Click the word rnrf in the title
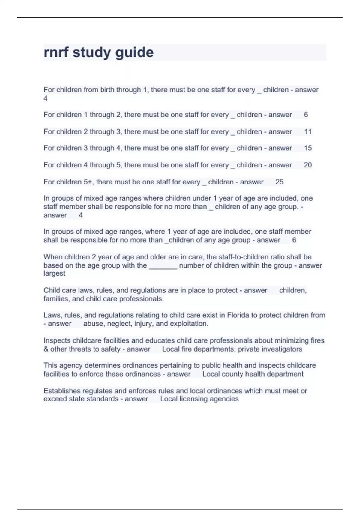click(x=56, y=53)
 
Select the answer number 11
click(x=308, y=132)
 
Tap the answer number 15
click(x=308, y=148)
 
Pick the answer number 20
click(x=308, y=165)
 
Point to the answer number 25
click(x=279, y=182)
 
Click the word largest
click(x=54, y=274)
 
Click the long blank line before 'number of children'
click(x=163, y=266)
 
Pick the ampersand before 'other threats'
click(x=46, y=349)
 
